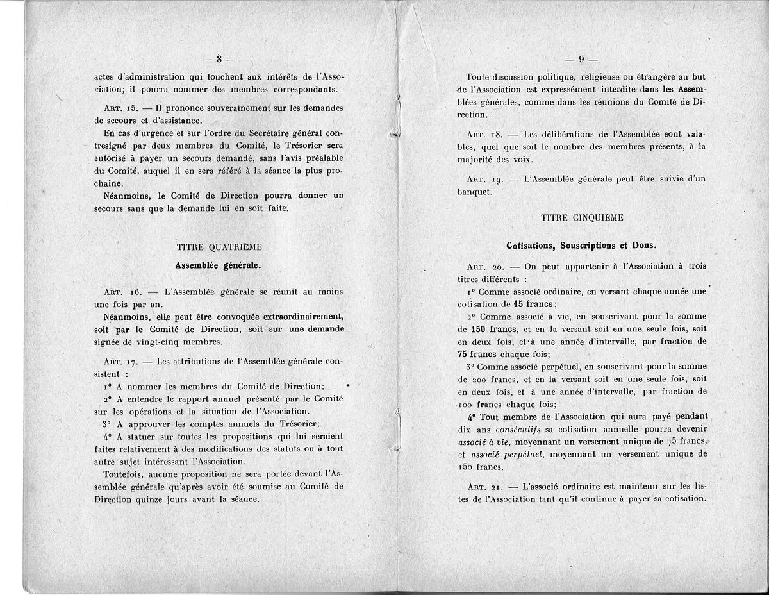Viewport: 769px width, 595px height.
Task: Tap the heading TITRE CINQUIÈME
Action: click(582, 217)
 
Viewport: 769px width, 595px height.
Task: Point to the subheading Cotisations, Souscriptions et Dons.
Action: click(582, 246)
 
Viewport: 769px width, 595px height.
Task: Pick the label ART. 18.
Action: click(484, 135)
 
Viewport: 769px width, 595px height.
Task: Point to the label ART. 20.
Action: click(485, 266)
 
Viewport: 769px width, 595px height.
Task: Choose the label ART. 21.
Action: click(484, 487)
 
